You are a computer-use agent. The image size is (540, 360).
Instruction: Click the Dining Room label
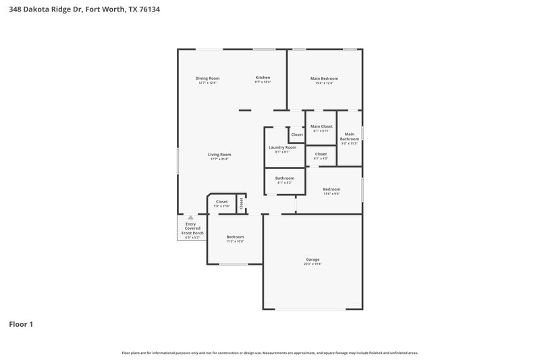click(207, 78)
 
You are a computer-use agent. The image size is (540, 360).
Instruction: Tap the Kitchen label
click(263, 78)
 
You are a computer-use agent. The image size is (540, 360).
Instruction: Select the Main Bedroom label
click(324, 78)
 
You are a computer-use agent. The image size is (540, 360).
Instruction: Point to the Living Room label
click(219, 155)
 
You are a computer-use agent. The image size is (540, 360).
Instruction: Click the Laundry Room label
click(282, 147)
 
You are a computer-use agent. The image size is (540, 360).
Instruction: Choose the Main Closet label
click(321, 126)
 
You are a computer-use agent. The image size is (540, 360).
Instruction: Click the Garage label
click(313, 259)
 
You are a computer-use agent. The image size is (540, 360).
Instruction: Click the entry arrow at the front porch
click(190, 217)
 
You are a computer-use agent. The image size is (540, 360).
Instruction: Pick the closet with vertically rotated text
click(240, 203)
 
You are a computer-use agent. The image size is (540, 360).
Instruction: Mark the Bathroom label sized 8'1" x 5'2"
click(284, 178)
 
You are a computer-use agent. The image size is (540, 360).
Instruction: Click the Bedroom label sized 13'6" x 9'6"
click(331, 189)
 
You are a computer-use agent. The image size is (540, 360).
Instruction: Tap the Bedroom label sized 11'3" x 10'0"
click(235, 236)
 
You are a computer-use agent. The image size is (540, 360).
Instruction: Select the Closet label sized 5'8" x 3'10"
click(221, 201)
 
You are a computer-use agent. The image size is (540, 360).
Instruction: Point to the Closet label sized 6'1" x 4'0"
click(321, 154)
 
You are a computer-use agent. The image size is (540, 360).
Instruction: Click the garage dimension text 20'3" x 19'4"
click(313, 264)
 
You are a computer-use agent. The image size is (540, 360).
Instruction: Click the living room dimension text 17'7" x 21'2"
click(219, 159)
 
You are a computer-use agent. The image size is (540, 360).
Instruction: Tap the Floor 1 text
click(21, 324)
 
